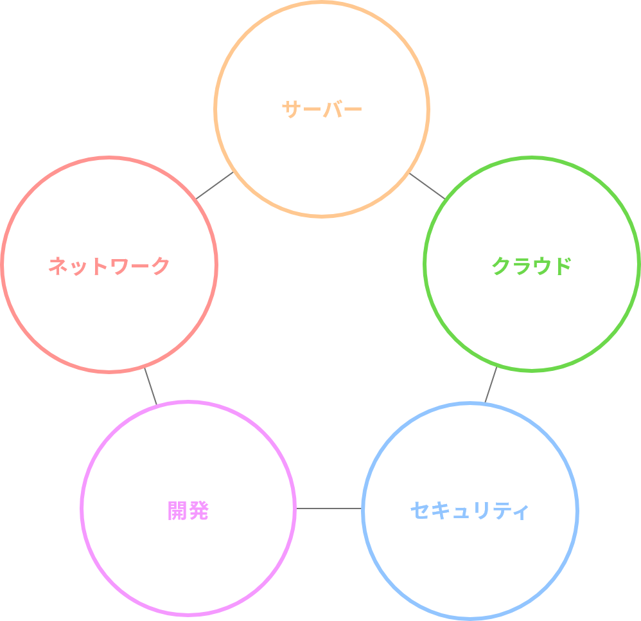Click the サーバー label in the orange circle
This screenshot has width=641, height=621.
click(x=322, y=109)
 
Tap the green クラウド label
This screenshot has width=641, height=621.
click(x=531, y=265)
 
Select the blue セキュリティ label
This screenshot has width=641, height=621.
click(x=470, y=511)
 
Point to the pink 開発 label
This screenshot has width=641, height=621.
click(x=188, y=511)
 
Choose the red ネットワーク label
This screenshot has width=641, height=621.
click(x=109, y=265)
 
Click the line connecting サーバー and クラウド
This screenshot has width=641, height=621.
click(x=427, y=185)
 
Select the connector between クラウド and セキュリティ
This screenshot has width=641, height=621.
click(x=491, y=386)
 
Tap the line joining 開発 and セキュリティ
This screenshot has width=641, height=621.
click(x=329, y=509)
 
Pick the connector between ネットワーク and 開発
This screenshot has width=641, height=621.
click(x=150, y=386)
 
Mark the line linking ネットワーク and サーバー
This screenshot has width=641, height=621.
click(x=215, y=185)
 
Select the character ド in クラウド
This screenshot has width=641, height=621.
click(x=561, y=265)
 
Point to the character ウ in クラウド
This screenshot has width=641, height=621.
click(x=541, y=265)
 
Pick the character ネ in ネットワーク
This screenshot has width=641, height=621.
click(x=58, y=265)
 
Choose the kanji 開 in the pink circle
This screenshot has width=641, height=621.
click(x=177, y=511)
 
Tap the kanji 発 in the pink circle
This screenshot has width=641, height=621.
click(x=198, y=511)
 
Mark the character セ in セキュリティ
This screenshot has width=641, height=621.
click(x=420, y=511)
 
